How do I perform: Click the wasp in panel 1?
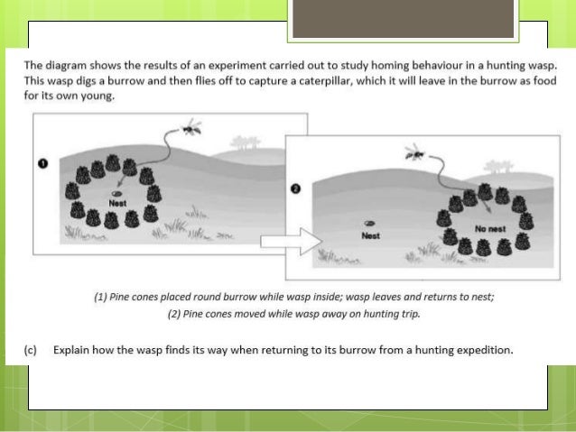(x=192, y=127)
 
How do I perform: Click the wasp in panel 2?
(x=415, y=152)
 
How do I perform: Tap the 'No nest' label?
(x=490, y=229)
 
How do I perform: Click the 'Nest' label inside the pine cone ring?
(x=117, y=203)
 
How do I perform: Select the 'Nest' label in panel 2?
(x=370, y=235)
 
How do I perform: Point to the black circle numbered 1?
(x=43, y=163)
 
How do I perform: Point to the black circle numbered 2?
(x=296, y=188)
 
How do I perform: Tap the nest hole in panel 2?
(x=369, y=223)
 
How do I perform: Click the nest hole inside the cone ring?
(x=116, y=193)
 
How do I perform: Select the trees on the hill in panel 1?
(x=246, y=142)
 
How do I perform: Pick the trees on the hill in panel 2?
(x=498, y=167)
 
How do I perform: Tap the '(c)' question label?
(x=31, y=350)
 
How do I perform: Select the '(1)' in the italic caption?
(x=100, y=297)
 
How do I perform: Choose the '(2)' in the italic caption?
(x=173, y=314)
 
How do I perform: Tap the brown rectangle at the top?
(x=403, y=18)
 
